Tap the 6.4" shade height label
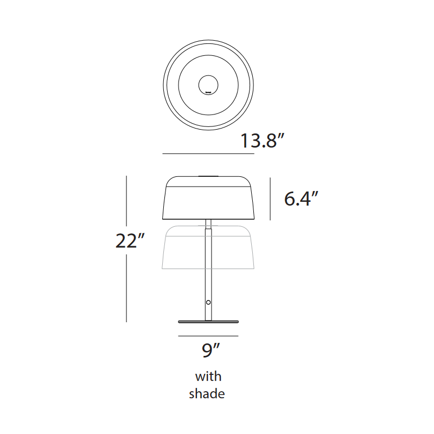pos(301,199)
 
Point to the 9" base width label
pos(209,352)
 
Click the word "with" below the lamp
pos(208,376)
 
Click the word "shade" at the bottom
pos(207,394)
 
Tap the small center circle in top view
pos(208,85)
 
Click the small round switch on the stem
pos(208,302)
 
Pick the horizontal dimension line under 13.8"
pos(208,154)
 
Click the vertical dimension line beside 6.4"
pos(270,199)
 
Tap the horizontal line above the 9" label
pos(208,336)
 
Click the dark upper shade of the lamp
pos(208,201)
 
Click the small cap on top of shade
pos(208,176)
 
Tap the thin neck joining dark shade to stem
pos(208,222)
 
